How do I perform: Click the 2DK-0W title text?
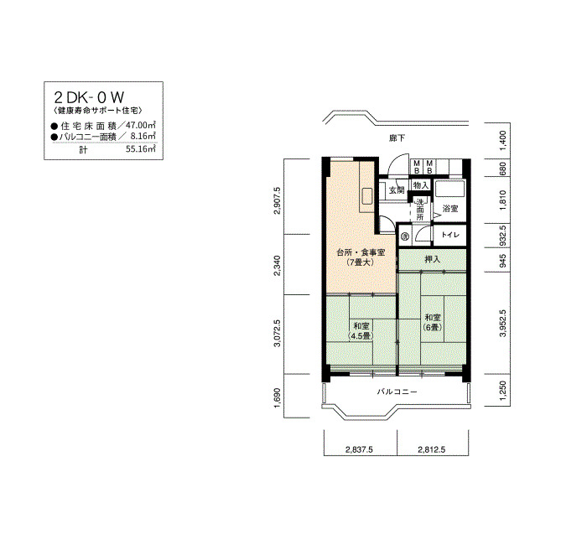(x=89, y=97)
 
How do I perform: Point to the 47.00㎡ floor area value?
(x=141, y=125)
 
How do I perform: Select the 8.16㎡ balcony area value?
(x=143, y=136)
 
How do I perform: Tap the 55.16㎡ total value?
(x=141, y=149)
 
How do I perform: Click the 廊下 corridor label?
(x=397, y=138)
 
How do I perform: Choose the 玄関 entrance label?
(x=397, y=190)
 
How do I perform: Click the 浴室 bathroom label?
(x=450, y=209)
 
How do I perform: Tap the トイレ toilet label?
(x=450, y=235)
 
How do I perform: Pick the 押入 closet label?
(x=433, y=259)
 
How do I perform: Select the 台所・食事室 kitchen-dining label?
(x=361, y=252)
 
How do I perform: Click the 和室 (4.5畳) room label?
(x=361, y=331)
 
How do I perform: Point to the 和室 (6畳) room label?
(x=433, y=322)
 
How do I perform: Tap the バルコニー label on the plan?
(x=397, y=392)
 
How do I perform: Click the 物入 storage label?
(x=421, y=185)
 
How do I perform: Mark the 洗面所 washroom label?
(x=420, y=210)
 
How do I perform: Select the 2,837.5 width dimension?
(x=359, y=449)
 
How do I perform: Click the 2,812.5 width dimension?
(x=432, y=449)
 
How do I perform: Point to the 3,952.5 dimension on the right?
(x=502, y=323)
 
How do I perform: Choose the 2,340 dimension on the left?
(x=277, y=266)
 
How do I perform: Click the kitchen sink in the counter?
(x=366, y=196)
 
